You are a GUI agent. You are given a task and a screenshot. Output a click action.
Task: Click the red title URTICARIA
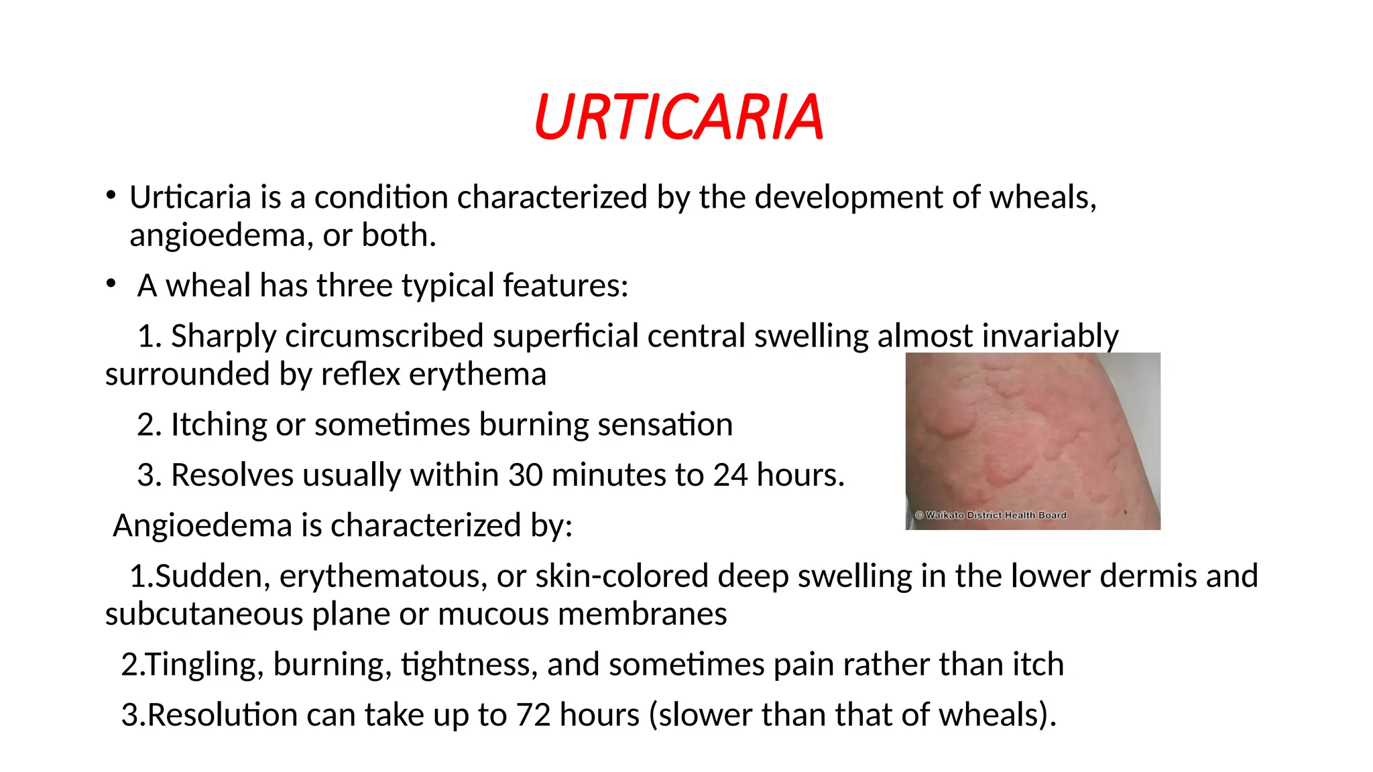pos(678,117)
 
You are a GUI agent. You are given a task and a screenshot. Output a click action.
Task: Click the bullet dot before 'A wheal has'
pos(111,283)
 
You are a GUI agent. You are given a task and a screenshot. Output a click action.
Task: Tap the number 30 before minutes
pos(525,475)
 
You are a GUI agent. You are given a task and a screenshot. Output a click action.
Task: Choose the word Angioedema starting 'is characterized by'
pos(202,525)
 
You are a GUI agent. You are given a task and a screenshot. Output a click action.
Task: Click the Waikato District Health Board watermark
pos(990,515)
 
